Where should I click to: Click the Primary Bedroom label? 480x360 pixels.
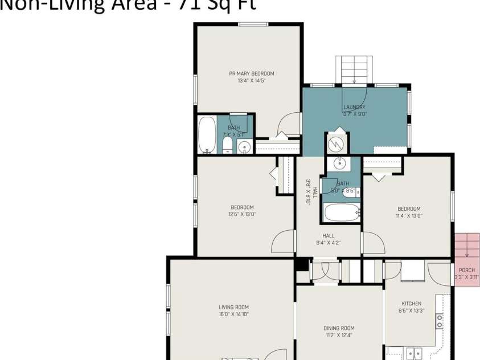coord(251,73)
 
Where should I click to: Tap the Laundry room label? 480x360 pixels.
coord(354,107)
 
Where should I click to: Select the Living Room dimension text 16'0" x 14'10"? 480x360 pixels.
coord(233,314)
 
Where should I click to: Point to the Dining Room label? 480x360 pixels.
coord(339,328)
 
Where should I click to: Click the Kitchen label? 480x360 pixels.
coord(411,304)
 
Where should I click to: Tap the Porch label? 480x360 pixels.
coord(466,270)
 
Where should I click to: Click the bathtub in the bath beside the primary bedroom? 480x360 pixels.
coord(207,135)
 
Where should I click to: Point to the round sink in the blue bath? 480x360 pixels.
coord(340,163)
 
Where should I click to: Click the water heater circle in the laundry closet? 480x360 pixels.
coord(337,144)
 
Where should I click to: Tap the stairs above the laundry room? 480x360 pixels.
coord(354,69)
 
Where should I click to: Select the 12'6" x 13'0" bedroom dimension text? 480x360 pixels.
coord(242,215)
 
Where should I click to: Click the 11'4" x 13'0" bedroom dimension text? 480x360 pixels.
coord(409,216)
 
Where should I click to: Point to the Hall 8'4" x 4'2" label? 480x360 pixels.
coord(328,239)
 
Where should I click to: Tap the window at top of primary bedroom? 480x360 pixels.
coord(253,24)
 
